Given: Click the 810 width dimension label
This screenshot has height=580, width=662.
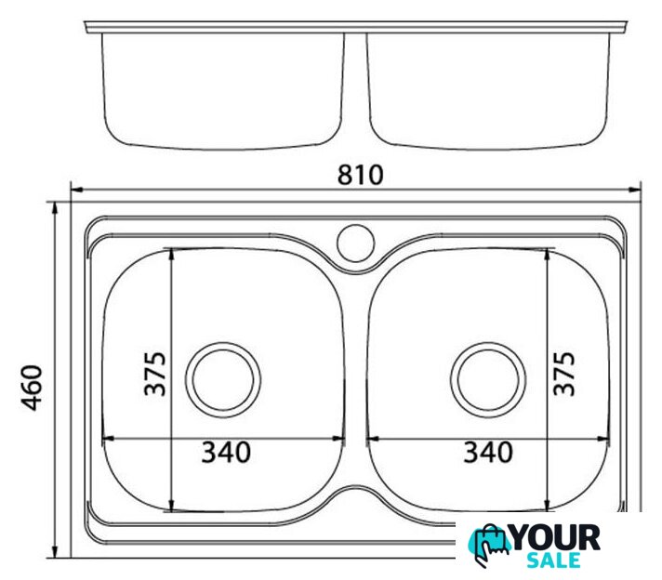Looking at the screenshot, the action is pos(361,175).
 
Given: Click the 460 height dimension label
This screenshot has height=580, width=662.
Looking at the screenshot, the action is pos(33,388).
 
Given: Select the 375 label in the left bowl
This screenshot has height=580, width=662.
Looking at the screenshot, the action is pos(155,374).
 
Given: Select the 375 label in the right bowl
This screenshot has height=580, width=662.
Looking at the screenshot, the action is pos(564,374).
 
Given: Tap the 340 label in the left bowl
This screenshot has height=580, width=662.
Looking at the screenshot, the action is pos(226,452).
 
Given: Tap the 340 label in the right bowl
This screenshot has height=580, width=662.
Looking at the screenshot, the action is pos(488,452).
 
